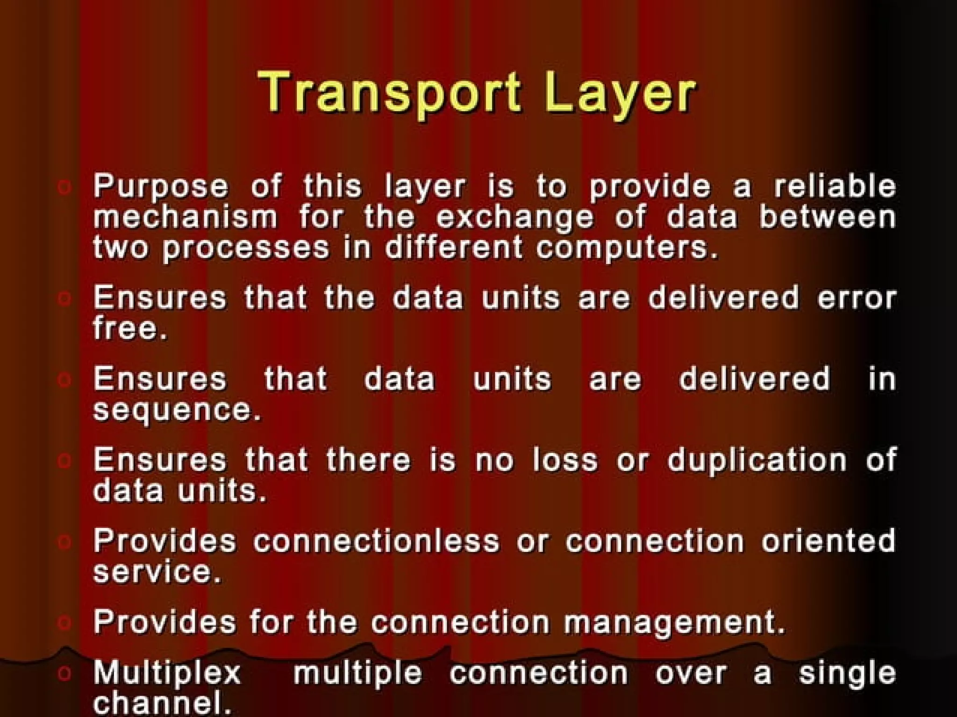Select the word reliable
(x=835, y=185)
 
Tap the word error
(x=856, y=298)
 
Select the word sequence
(x=177, y=410)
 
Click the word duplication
(x=757, y=460)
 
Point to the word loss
(x=565, y=460)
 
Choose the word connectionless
(x=377, y=541)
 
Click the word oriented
(x=828, y=541)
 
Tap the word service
(x=157, y=572)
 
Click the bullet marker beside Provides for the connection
(x=64, y=622)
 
